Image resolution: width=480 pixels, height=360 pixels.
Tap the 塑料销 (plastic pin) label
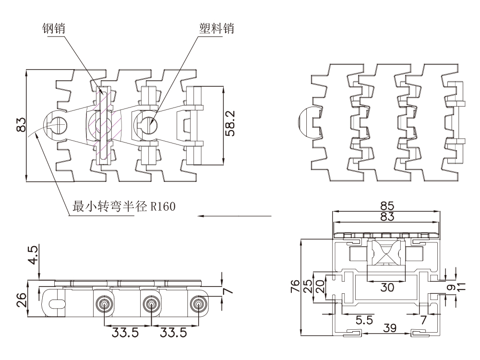pos(216,30)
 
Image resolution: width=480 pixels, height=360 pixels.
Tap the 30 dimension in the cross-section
pos(387,288)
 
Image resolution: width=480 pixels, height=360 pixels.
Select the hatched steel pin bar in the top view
pos(103,126)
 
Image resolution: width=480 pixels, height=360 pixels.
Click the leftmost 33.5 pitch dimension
pos(126,332)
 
